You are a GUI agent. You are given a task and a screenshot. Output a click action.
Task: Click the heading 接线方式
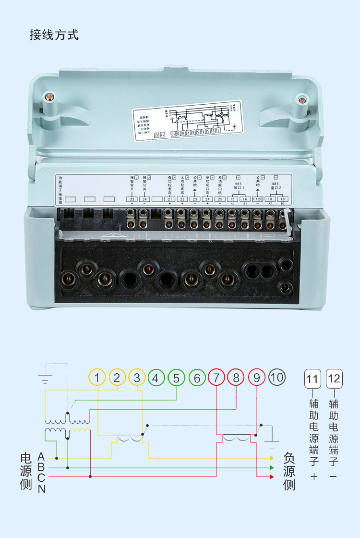tap(54, 35)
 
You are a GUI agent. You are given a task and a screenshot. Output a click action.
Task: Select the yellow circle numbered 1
tap(97, 378)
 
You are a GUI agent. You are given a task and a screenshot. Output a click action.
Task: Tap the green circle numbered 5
tap(176, 378)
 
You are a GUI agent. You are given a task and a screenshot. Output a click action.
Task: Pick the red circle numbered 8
tap(236, 378)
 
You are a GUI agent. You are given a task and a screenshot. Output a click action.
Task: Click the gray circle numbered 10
tap(277, 378)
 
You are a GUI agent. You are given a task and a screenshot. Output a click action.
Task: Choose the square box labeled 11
tap(312, 379)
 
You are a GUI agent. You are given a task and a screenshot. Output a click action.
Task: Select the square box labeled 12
tap(334, 379)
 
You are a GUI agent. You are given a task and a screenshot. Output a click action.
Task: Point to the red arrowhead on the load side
tap(271, 477)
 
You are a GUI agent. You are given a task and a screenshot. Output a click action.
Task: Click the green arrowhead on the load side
tap(271, 467)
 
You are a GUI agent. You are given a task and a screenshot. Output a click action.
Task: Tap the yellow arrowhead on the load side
tap(271, 458)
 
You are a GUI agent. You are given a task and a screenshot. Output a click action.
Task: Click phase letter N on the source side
tap(42, 489)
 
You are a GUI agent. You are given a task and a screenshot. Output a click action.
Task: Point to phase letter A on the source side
tap(41, 456)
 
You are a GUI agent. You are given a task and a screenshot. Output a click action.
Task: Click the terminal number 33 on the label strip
tap(132, 199)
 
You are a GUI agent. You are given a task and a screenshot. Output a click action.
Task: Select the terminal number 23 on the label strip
tap(194, 199)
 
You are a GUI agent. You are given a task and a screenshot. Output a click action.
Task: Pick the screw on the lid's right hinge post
tap(301, 100)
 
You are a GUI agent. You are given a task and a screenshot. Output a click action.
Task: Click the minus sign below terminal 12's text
tap(334, 477)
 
